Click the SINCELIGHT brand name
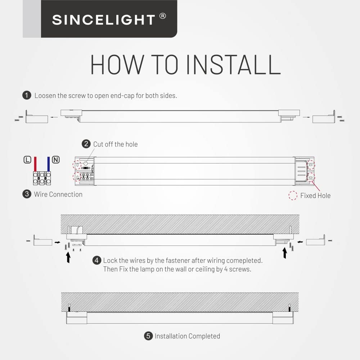[104, 20]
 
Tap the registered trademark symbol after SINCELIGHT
[163, 16]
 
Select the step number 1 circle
[27, 95]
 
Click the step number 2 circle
[86, 144]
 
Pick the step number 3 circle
[27, 194]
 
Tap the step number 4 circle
[96, 260]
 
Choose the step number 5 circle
[148, 336]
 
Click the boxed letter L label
[27, 159]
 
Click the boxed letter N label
[56, 159]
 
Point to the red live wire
[35, 164]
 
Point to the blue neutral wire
[49, 164]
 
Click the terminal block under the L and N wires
[42, 178]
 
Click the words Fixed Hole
[315, 195]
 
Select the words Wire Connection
[58, 194]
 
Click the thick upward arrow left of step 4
[68, 257]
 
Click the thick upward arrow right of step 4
[285, 253]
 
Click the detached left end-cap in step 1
[37, 117]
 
